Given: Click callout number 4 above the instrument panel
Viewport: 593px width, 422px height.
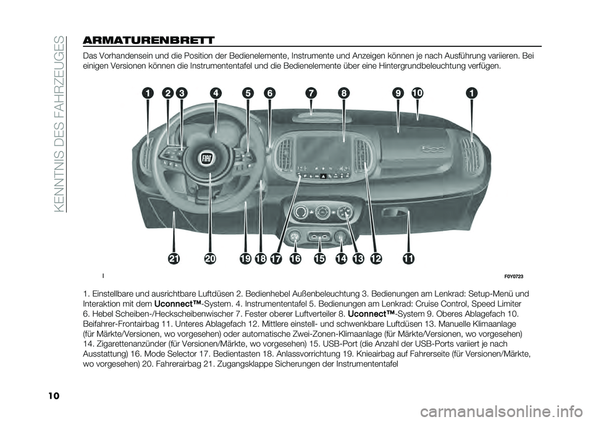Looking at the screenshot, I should pos(216,93).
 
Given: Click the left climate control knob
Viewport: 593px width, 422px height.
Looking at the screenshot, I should pos(301,213).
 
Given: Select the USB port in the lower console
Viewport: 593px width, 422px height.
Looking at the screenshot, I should pos(318,236).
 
